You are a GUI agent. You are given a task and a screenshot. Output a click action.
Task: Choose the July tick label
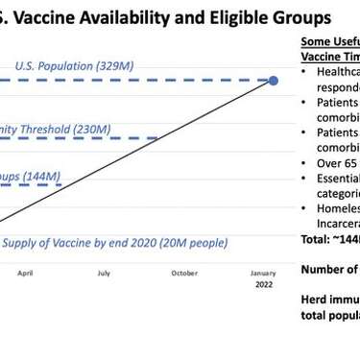pyautogui.click(x=103, y=273)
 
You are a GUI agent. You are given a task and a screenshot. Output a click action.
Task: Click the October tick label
pyautogui.click(x=184, y=273)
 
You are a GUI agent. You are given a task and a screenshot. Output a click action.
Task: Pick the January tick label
pyautogui.click(x=262, y=273)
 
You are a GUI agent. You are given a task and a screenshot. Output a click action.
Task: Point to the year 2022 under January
pyautogui.click(x=262, y=284)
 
